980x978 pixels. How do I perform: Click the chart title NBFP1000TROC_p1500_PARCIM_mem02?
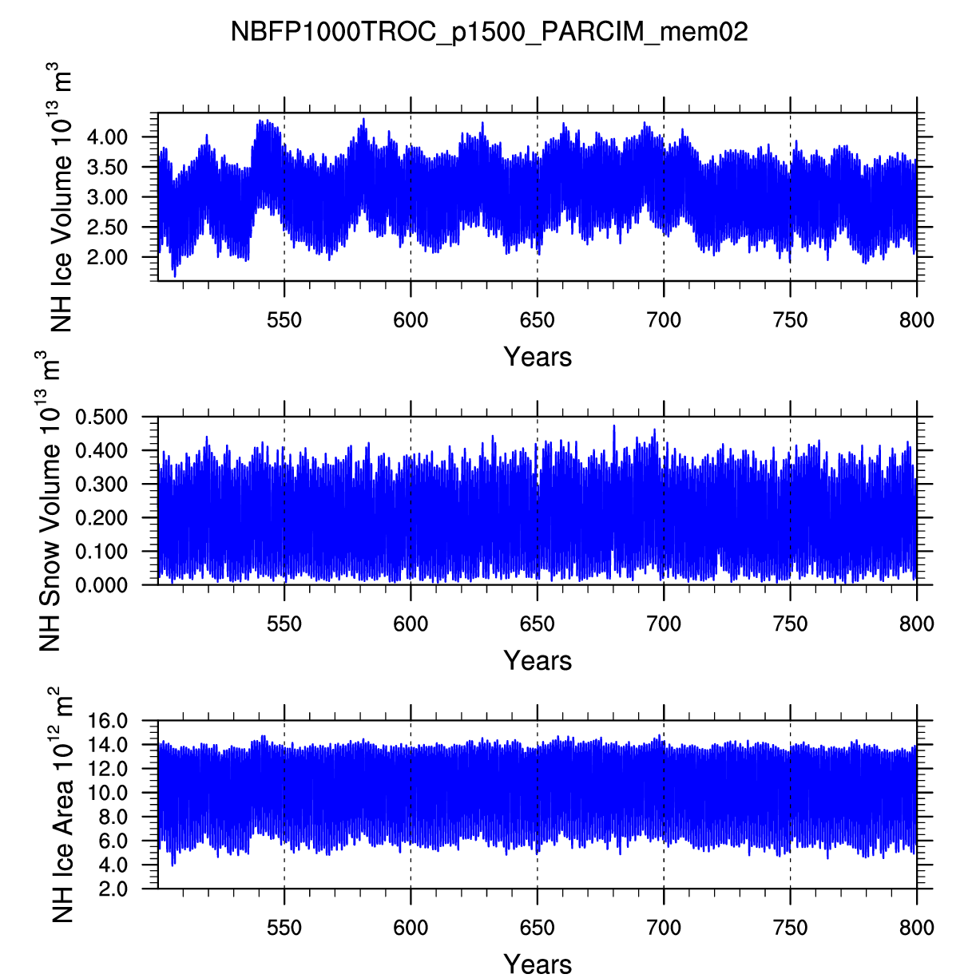(x=489, y=32)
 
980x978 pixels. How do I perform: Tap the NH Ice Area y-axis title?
(x=61, y=804)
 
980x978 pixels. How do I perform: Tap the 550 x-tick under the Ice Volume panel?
(x=284, y=321)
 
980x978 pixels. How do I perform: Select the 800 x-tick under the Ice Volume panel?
(x=916, y=321)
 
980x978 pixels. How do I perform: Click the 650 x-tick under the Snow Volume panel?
(x=537, y=624)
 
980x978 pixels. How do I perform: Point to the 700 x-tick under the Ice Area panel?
(x=664, y=929)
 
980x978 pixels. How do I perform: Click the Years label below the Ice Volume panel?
(x=538, y=357)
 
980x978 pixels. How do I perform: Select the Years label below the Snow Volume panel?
(x=538, y=661)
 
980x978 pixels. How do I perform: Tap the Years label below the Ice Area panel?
(x=538, y=964)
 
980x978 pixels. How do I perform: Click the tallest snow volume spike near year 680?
(x=614, y=427)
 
